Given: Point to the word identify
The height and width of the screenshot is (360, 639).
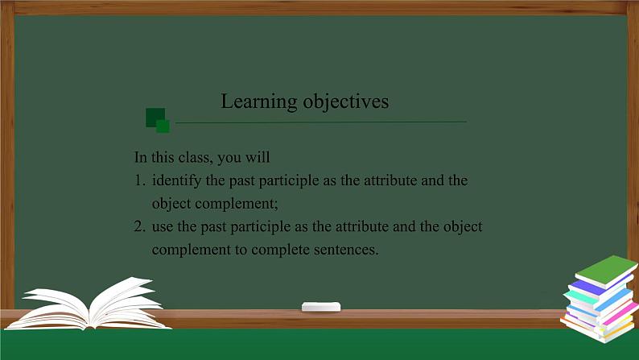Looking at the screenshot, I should (176, 180).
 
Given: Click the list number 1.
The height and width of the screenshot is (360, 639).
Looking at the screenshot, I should (139, 180).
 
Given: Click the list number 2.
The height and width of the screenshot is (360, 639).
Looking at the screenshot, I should (139, 226).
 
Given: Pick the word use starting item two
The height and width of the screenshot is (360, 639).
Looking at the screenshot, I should (163, 226).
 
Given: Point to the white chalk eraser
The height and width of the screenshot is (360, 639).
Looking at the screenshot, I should (321, 306).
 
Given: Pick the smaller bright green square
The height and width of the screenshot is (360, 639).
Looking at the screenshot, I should (163, 126).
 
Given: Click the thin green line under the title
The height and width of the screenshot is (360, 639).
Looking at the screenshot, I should (322, 122).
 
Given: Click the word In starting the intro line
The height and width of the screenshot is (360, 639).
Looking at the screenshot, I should (141, 157).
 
